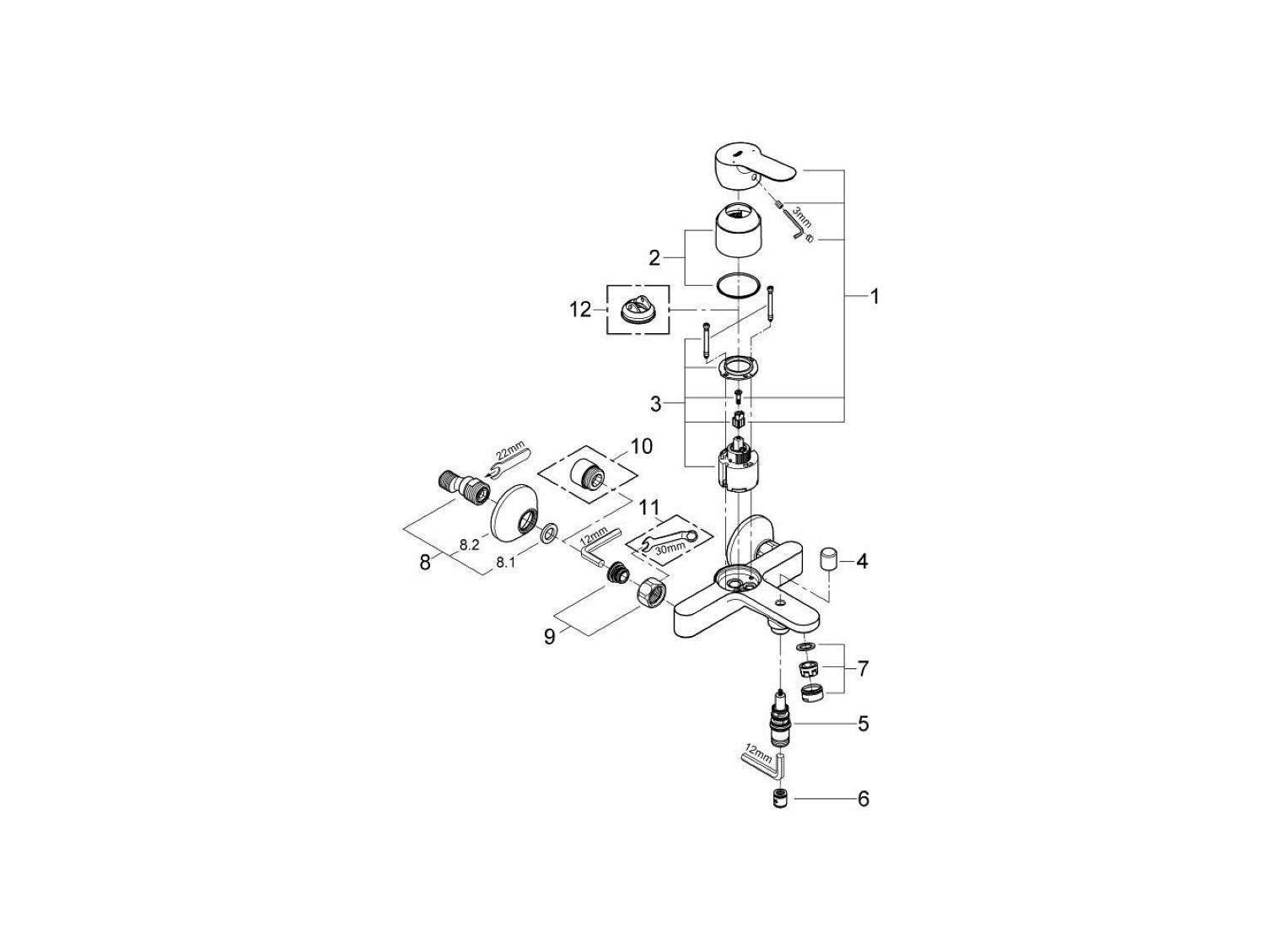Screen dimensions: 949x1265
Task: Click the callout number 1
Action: pyautogui.click(x=875, y=297)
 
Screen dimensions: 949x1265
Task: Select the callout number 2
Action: pyautogui.click(x=654, y=258)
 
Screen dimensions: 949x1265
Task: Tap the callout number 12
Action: pyautogui.click(x=580, y=310)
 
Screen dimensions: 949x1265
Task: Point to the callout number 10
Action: pyautogui.click(x=641, y=446)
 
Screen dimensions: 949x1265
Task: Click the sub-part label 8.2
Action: pyautogui.click(x=469, y=546)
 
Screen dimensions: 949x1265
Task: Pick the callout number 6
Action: pyautogui.click(x=863, y=798)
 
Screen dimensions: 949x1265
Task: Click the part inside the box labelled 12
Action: pyautogui.click(x=638, y=310)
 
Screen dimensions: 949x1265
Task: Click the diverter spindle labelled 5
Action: pyautogui.click(x=782, y=717)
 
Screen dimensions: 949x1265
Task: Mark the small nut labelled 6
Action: pyautogui.click(x=781, y=799)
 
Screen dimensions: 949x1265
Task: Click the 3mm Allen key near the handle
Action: pyautogui.click(x=798, y=226)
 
